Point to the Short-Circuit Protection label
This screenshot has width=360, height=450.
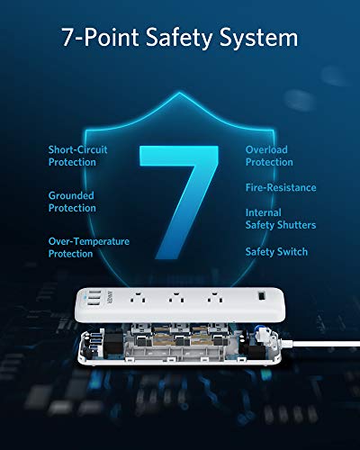(78, 157)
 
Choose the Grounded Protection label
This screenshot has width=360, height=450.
(72, 202)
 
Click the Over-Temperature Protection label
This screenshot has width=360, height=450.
(88, 247)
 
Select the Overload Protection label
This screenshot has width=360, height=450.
(270, 157)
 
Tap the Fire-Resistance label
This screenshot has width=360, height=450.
(281, 188)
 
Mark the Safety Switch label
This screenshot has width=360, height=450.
(276, 251)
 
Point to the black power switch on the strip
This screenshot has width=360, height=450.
(261, 298)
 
